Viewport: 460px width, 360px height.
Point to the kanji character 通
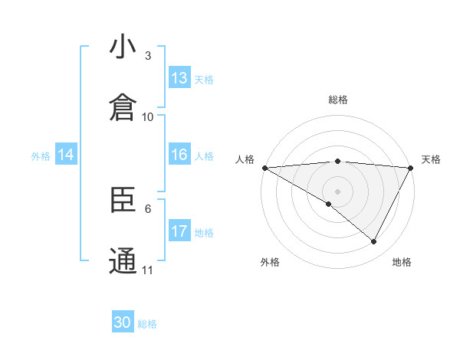point(123,260)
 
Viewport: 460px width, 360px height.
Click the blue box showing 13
point(179,78)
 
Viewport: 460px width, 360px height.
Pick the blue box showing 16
point(179,155)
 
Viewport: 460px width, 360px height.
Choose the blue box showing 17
point(179,231)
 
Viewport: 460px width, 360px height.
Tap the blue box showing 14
point(66,155)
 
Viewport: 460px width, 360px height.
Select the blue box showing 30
point(123,322)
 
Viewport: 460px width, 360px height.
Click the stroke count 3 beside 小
point(148,55)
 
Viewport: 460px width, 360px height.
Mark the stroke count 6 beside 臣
point(148,208)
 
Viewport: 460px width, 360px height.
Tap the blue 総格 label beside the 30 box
point(148,324)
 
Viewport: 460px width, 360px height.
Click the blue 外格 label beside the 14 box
point(41,156)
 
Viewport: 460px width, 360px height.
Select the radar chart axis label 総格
point(337,100)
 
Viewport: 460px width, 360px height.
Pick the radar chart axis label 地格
point(402,262)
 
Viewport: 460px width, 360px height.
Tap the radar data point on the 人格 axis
point(264,168)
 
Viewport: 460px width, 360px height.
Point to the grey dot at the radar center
point(337,191)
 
